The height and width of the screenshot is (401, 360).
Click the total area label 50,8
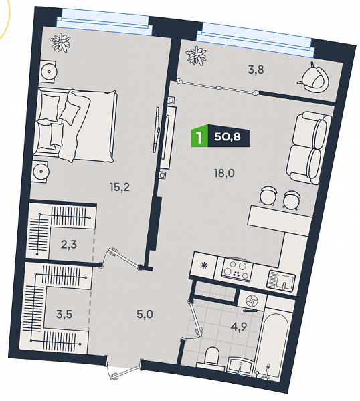tap(228, 136)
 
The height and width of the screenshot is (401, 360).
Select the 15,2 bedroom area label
tap(120, 187)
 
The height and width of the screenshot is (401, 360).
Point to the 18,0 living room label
tap(224, 174)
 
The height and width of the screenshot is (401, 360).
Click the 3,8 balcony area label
tap(256, 70)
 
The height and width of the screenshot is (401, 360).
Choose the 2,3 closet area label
tap(69, 245)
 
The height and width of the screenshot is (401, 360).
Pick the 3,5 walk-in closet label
tap(64, 315)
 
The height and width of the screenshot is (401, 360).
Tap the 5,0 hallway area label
tap(145, 315)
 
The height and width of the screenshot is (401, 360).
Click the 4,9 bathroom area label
tap(239, 327)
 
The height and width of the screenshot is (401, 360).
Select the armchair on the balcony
tap(314, 78)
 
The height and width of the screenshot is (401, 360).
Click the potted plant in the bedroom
tap(60, 43)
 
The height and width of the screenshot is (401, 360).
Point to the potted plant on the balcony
tap(196, 55)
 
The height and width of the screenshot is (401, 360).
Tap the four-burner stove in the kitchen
tap(236, 270)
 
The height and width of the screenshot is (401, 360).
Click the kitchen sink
tap(281, 281)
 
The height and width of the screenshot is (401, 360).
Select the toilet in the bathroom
tap(211, 356)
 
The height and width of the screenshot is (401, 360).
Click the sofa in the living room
tap(308, 148)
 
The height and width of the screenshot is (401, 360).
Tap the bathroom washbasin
tap(240, 366)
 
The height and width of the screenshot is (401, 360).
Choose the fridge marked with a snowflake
tap(204, 266)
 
